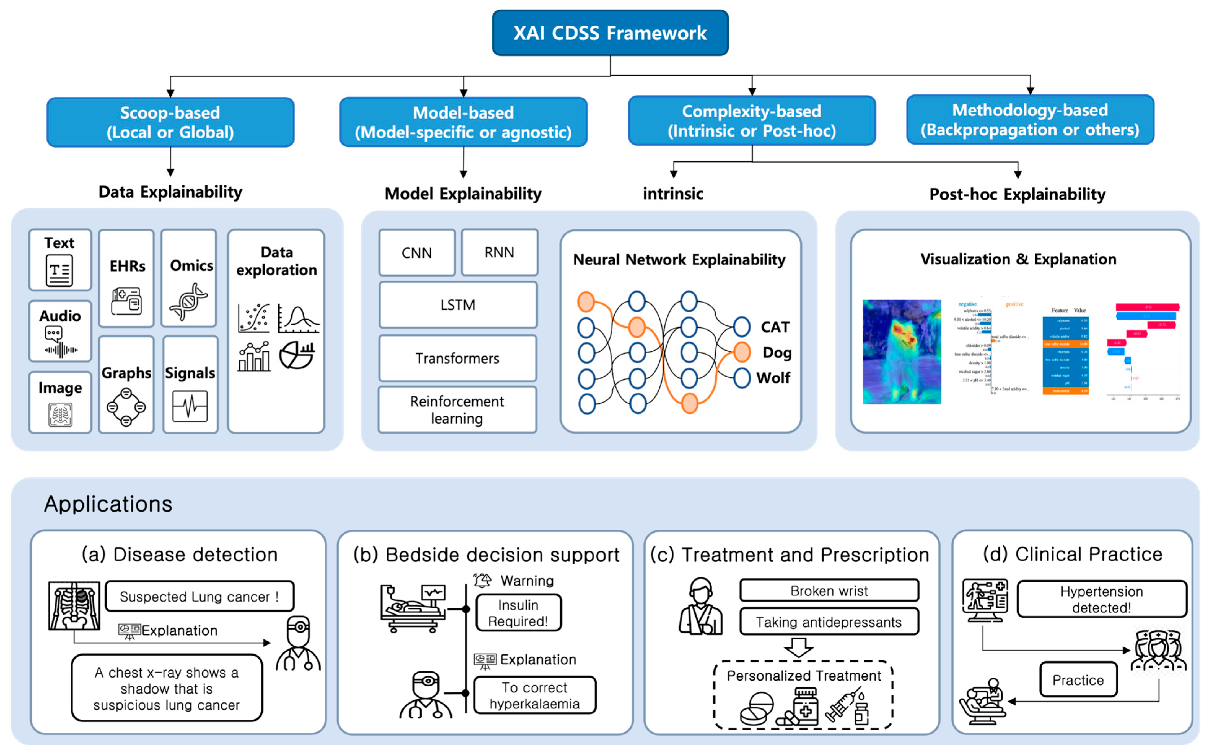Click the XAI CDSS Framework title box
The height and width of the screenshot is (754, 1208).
[x=610, y=33]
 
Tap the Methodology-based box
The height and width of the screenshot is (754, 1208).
[x=1030, y=120]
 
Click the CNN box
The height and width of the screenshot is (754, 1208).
[x=417, y=253]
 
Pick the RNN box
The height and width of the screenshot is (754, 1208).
[x=499, y=252]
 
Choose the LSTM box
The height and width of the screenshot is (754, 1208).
[x=457, y=305]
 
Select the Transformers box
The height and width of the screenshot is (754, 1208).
[x=457, y=358]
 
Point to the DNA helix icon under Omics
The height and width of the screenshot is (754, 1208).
[x=188, y=301]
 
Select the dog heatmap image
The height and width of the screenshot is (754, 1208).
[x=902, y=351]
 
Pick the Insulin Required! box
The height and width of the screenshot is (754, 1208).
[x=518, y=613]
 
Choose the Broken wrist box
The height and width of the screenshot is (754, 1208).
[x=829, y=591]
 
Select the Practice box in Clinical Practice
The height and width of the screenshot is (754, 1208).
[x=1078, y=680]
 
